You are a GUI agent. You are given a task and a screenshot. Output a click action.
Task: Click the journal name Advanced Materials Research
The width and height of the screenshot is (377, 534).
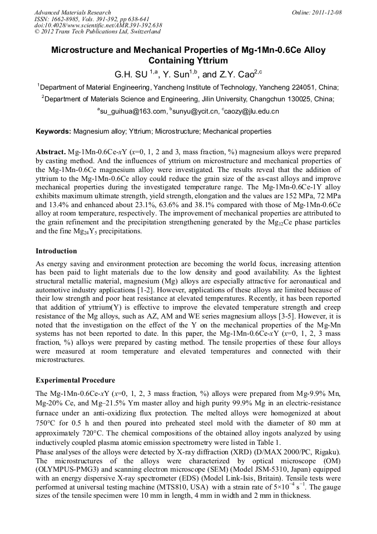73,12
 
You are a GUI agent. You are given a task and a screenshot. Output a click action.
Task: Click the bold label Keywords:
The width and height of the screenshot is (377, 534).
53,131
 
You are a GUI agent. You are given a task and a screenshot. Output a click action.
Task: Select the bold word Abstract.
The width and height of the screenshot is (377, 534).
51,151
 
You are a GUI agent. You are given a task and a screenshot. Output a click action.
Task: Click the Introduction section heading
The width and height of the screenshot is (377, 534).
57,251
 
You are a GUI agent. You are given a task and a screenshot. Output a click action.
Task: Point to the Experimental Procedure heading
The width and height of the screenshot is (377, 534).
75,380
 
